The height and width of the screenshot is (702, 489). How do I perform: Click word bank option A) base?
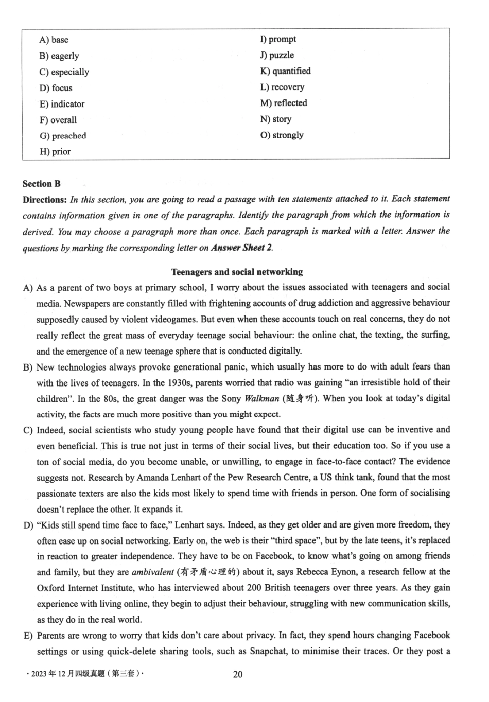(54, 40)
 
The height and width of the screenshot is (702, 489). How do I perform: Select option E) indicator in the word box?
(62, 104)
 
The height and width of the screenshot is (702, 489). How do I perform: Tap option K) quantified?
(285, 71)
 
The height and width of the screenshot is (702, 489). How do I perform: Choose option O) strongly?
(282, 135)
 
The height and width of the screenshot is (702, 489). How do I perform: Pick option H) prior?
(55, 152)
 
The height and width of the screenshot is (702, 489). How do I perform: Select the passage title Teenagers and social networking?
(237, 272)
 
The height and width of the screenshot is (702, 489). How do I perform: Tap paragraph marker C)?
(28, 430)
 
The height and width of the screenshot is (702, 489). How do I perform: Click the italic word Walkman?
(261, 399)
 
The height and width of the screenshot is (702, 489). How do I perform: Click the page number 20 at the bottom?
(238, 674)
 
